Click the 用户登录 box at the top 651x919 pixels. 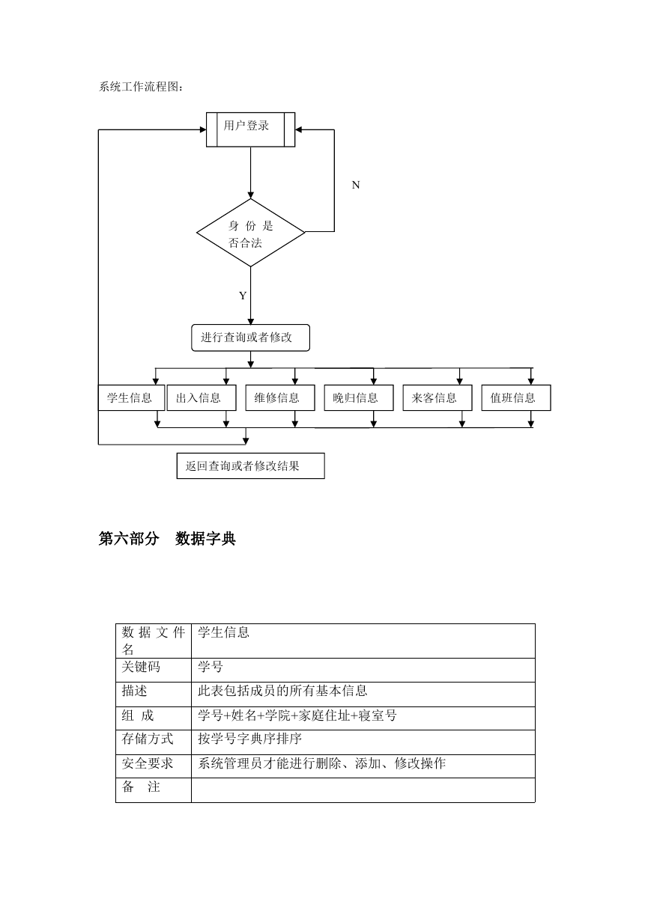coord(250,129)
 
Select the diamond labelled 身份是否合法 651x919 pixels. coord(250,233)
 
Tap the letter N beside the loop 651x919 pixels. coord(356,185)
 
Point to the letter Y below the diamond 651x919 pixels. coord(243,296)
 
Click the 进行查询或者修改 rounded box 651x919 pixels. coord(250,338)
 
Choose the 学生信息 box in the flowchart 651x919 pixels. coord(131,397)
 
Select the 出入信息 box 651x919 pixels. coord(202,397)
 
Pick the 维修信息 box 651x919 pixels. coord(280,397)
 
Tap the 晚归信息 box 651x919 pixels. coord(359,397)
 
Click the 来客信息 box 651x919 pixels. coord(437,397)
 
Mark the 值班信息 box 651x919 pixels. coord(516,397)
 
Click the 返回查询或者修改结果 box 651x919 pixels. coord(250,465)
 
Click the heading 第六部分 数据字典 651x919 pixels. coord(167,539)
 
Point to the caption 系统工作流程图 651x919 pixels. coord(141,87)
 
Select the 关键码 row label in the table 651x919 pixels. coord(141,667)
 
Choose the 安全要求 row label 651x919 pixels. coord(148,763)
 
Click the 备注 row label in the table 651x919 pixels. coord(141,787)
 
